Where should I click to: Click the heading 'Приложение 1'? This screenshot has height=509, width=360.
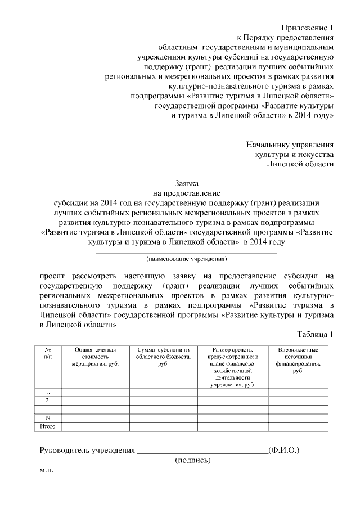point(307,28)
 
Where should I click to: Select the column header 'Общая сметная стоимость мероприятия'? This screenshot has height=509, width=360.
point(95,357)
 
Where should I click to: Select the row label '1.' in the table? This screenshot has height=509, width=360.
point(48,391)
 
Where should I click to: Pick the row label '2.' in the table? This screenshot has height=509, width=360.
point(48,400)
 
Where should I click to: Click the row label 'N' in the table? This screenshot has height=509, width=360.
point(48,418)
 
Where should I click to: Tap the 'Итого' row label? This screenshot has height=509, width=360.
point(48,427)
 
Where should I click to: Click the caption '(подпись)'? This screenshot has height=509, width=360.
point(193,460)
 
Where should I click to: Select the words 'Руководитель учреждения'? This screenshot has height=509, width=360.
point(87,450)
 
